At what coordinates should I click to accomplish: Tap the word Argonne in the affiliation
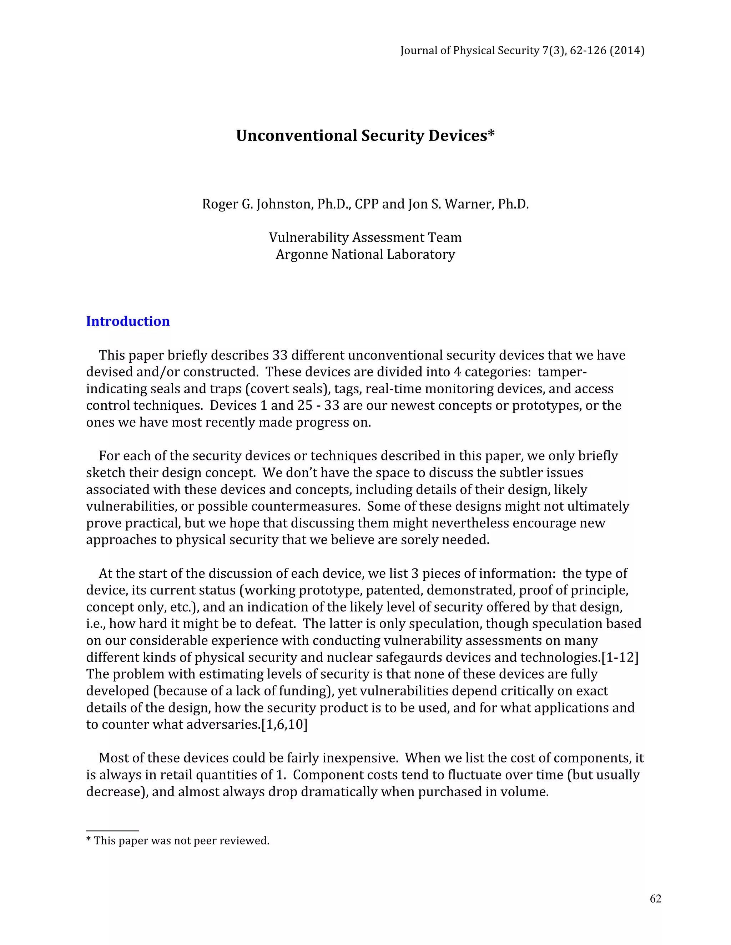tap(302, 254)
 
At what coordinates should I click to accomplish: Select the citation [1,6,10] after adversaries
tap(284, 724)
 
